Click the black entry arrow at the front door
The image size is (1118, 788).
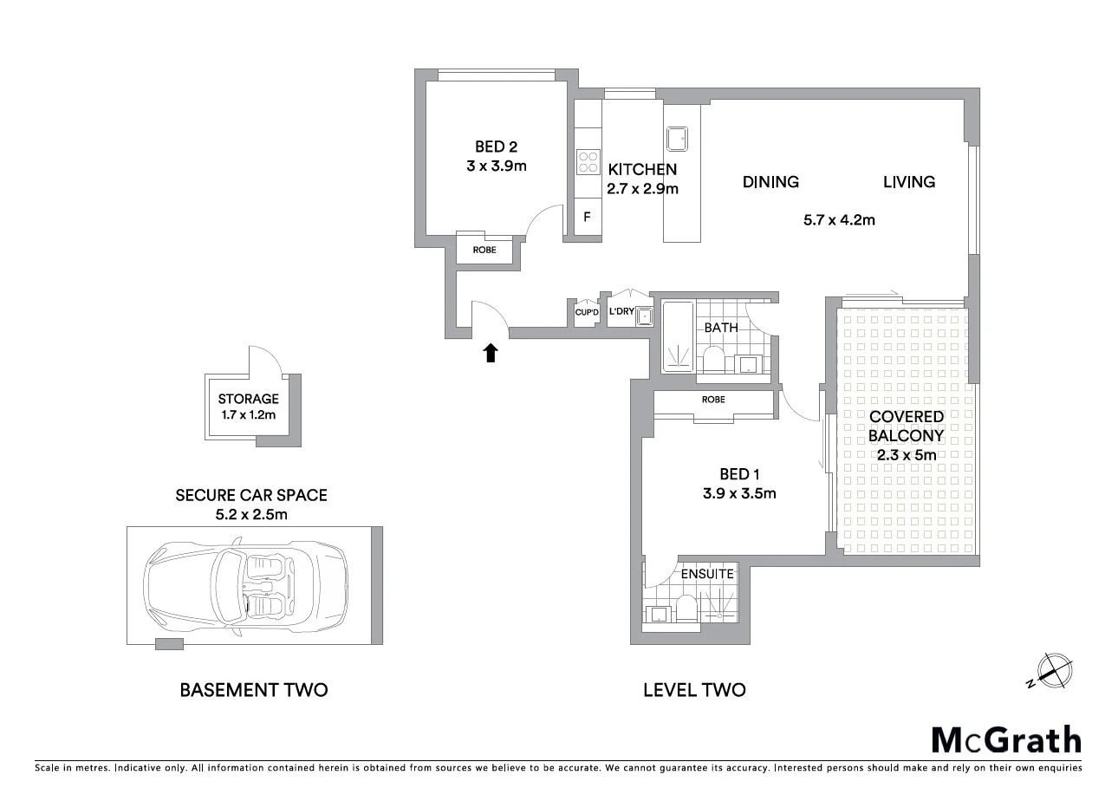[491, 352]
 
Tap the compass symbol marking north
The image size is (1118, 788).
[1053, 670]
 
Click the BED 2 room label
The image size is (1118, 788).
[497, 147]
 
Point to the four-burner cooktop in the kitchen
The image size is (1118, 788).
[588, 162]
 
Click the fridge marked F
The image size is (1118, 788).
[587, 217]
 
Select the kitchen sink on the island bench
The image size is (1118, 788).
[676, 138]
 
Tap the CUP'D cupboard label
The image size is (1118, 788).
[587, 312]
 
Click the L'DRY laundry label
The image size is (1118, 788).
[621, 311]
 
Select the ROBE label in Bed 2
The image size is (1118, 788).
[484, 250]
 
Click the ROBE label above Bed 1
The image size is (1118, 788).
[713, 400]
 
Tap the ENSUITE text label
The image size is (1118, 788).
[707, 574]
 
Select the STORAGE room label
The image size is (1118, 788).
[249, 399]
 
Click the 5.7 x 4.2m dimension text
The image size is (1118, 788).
[839, 219]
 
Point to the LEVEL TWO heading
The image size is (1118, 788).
[694, 690]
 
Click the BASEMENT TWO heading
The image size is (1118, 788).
[253, 690]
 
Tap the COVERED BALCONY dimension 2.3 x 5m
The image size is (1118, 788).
[906, 455]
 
